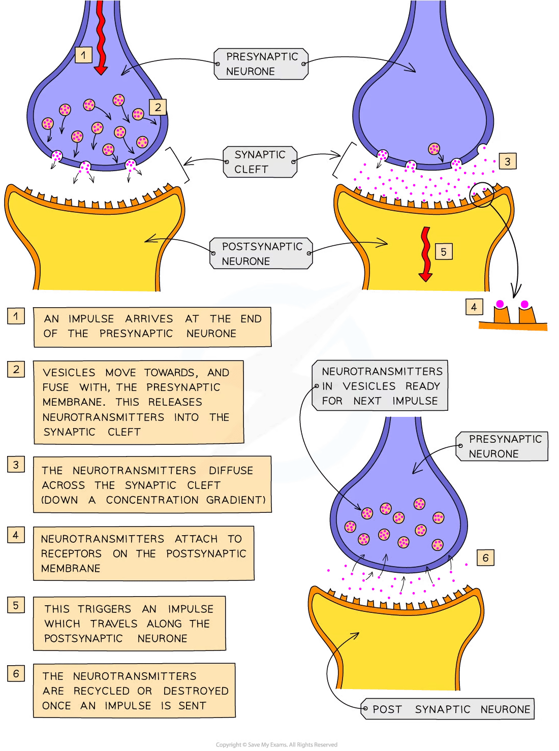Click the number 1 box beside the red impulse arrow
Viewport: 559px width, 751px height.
coord(83,54)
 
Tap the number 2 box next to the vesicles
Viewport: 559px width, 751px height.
coord(158,107)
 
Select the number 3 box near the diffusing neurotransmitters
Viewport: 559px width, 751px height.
coord(507,161)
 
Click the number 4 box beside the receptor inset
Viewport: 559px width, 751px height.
coord(474,307)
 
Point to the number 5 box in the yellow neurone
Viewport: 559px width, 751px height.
coord(443,251)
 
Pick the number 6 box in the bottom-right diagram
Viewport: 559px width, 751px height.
coord(485,558)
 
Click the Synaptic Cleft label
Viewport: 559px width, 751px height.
coord(260,162)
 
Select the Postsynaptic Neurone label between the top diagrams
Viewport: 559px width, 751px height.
coord(261,253)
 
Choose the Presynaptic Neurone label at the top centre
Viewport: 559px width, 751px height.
coord(261,64)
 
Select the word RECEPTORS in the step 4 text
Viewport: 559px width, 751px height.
coord(71,553)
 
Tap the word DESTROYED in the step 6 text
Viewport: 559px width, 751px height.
coord(196,691)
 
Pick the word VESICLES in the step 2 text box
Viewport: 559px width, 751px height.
coord(69,373)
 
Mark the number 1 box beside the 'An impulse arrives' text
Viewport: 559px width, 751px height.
coord(16,316)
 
